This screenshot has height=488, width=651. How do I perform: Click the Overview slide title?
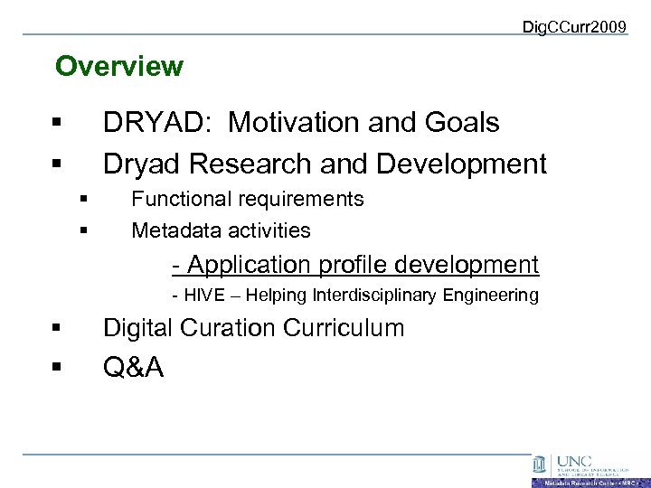[x=118, y=67]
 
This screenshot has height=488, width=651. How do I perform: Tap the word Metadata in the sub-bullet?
[x=172, y=230]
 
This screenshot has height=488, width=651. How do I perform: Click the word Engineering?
[x=494, y=296]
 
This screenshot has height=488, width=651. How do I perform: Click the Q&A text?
[x=134, y=367]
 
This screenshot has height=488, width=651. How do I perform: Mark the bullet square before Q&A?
[x=57, y=368]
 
